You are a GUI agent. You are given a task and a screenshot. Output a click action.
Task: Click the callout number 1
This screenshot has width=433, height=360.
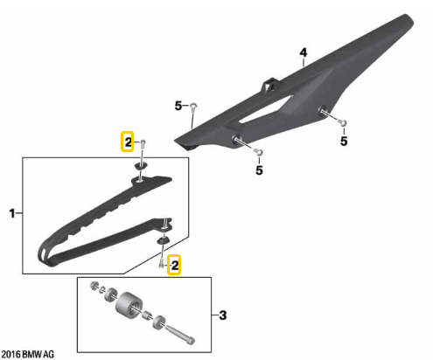coord(12,213)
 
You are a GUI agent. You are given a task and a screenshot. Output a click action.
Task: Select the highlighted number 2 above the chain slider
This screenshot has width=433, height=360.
coord(128,142)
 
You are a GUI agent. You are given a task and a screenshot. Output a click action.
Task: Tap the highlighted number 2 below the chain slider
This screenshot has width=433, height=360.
coord(174,266)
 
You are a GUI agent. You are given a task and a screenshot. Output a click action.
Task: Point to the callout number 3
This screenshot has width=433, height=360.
coord(223,315)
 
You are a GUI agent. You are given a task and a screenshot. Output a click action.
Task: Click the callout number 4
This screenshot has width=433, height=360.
coord(304,52)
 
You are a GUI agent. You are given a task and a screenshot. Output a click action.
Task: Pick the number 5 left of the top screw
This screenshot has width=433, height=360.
coord(178,106)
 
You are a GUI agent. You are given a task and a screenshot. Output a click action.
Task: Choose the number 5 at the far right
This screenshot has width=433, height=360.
coord(344,142)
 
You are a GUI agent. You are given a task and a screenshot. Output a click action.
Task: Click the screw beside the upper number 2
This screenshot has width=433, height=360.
coord(143,144)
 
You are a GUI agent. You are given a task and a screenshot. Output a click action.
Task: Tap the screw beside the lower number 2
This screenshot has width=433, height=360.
coord(162,264)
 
